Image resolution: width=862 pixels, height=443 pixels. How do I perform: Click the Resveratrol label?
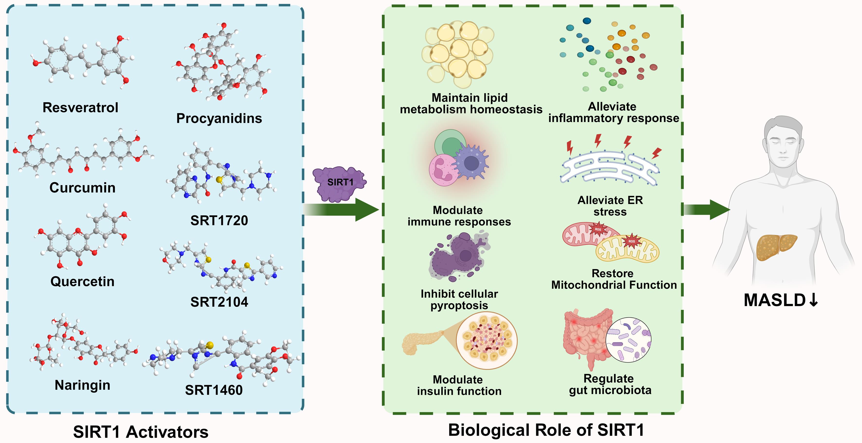pyautogui.click(x=80, y=107)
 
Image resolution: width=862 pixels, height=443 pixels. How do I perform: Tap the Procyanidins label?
pyautogui.click(x=219, y=118)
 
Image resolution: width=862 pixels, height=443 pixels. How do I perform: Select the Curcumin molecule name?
pyautogui.click(x=82, y=188)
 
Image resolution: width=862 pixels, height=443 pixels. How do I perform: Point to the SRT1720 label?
pyautogui.click(x=219, y=220)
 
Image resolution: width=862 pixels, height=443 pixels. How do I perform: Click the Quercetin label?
pyautogui.click(x=82, y=281)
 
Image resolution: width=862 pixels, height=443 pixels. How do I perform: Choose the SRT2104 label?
pyautogui.click(x=219, y=302)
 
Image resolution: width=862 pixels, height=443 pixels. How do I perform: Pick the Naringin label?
pyautogui.click(x=82, y=385)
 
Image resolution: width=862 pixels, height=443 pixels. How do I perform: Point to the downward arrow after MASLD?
pyautogui.click(x=814, y=300)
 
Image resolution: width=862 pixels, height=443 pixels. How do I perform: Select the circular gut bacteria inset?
pyautogui.click(x=628, y=340)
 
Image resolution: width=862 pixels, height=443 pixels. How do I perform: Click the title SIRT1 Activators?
pyautogui.click(x=141, y=432)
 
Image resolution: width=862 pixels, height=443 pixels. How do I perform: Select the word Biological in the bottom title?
pyautogui.click(x=489, y=430)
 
